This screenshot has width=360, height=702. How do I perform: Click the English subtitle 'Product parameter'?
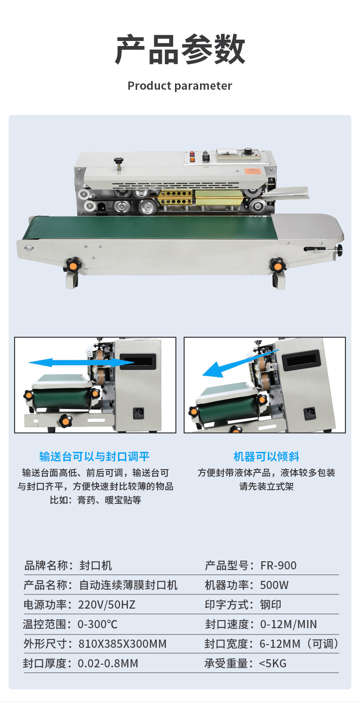(x=180, y=86)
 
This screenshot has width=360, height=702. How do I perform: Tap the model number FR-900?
(x=278, y=565)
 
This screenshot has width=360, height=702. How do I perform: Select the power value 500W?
(x=274, y=585)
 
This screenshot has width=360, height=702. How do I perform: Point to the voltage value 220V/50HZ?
(x=107, y=605)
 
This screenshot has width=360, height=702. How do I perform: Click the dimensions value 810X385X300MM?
(x=122, y=644)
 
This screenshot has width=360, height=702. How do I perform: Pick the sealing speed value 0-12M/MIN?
(x=288, y=624)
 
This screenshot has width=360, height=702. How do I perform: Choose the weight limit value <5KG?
(x=273, y=663)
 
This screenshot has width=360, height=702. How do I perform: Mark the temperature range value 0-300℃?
(x=98, y=624)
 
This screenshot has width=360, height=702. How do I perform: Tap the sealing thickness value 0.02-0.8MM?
(x=108, y=663)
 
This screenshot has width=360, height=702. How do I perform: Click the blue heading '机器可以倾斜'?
(x=266, y=456)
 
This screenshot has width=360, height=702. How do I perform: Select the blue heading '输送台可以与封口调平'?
(x=94, y=456)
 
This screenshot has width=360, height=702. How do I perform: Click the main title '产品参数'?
(x=180, y=50)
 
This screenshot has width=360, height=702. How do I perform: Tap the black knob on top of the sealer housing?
(x=118, y=161)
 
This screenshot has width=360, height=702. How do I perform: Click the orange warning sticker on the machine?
(x=252, y=171)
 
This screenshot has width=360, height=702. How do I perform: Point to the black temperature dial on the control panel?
(x=248, y=150)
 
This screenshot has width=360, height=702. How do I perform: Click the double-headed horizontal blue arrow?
(x=82, y=363)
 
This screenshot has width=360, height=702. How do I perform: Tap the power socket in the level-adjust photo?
(x=138, y=413)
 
